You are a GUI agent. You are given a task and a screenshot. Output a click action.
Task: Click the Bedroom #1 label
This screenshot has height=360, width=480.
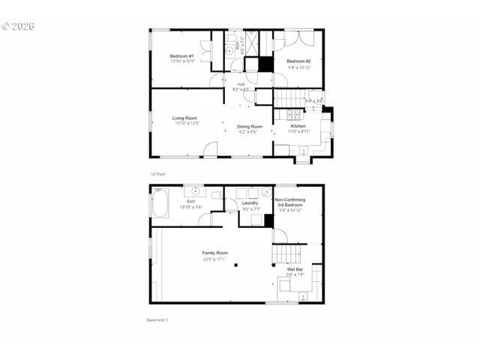[x=182, y=56]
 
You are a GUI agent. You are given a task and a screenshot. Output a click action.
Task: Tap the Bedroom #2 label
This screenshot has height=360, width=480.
[x=298, y=61]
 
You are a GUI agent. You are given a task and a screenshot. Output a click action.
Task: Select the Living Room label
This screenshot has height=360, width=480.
[x=184, y=118]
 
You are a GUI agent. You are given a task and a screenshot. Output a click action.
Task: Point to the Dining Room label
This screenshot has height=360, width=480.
[x=250, y=127]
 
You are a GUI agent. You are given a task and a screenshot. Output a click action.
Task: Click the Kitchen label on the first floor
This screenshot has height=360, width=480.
[x=298, y=126]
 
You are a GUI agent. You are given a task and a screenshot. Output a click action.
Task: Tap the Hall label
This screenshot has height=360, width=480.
[x=241, y=83]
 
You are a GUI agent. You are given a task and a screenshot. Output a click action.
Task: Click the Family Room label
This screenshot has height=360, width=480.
[x=214, y=253]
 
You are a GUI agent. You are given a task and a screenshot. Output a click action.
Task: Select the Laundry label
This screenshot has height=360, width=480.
[x=250, y=203]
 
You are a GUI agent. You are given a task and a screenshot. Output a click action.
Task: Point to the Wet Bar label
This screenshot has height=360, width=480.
[x=295, y=268]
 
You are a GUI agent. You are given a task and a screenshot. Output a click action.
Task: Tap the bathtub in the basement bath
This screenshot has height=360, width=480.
[x=159, y=203]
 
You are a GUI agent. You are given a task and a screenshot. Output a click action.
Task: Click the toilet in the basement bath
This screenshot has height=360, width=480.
[x=217, y=195]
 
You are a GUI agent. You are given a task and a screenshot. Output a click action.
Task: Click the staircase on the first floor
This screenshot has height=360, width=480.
[x=288, y=98]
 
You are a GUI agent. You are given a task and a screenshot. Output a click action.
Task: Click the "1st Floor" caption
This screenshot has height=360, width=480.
[x=157, y=173]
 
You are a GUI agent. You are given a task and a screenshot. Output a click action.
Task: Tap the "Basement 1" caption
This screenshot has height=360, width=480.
[x=157, y=320]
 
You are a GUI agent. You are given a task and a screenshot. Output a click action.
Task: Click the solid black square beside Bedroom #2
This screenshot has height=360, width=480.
[x=265, y=64]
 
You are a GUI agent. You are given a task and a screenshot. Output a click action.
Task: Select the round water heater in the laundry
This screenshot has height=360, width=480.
[x=267, y=191]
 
